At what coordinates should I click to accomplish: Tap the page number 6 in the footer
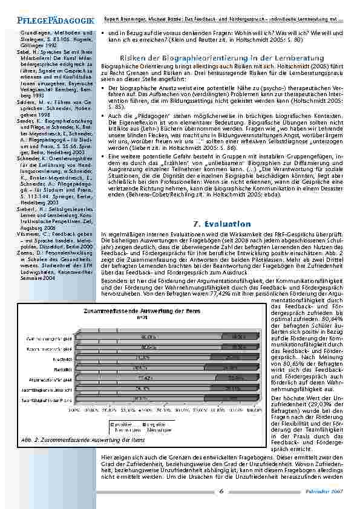coord(221,491)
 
